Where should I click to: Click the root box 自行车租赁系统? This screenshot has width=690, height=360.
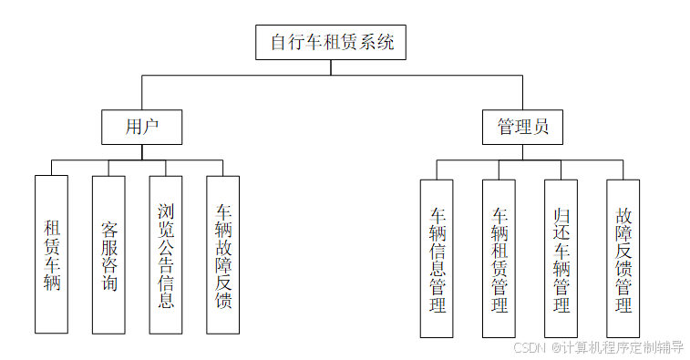pos(333,42)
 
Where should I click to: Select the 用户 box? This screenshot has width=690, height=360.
pos(141,127)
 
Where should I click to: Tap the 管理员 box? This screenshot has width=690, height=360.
pos(522,127)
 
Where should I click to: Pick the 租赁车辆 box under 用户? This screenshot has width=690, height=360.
pos(51,254)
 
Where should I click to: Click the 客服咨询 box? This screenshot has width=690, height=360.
pos(108,254)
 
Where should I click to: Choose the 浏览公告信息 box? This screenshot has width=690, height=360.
pos(166,254)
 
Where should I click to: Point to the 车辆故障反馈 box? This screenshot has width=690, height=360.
pos(223,254)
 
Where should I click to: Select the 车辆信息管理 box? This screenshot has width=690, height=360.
pos(438,258)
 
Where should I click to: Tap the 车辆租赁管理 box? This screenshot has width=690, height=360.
pos(499,258)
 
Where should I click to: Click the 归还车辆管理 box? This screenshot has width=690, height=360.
pos(561,258)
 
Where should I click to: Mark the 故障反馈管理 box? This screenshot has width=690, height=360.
pos(623,258)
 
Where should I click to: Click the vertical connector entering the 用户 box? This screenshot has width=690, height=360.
pos(141,93)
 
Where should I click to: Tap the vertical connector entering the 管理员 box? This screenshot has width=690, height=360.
pos(522,93)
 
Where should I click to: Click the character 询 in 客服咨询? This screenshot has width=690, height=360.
pos(108,283)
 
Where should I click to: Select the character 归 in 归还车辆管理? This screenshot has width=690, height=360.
pos(561,216)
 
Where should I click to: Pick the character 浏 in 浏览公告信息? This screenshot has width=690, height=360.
pos(166,212)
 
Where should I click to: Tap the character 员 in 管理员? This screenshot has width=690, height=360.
pos(541,127)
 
